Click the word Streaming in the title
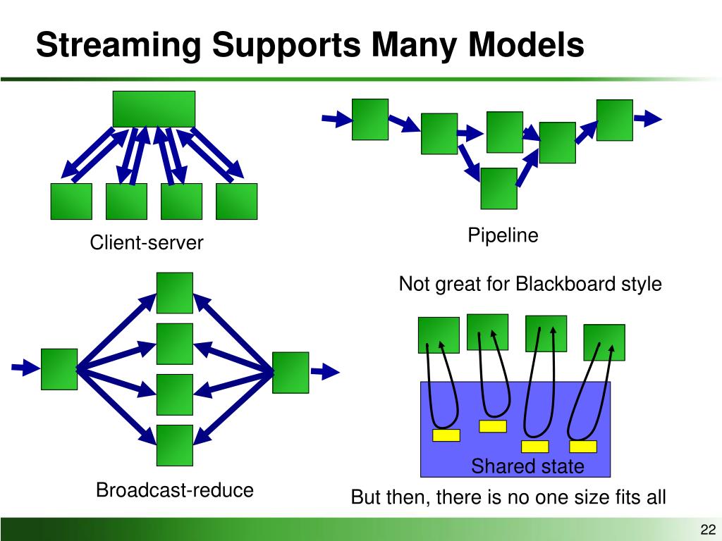118,46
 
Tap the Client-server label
147,242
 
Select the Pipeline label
503,235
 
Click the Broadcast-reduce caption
175,490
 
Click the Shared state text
527,466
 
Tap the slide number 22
708,529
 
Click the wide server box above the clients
154,109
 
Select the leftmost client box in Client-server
71,201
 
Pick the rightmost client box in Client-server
237,201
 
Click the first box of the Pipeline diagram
370,119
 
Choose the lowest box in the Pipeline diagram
498,189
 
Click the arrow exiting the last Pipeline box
648,118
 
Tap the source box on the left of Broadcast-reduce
59,369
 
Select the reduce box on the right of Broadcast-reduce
290,373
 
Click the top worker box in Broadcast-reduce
175,293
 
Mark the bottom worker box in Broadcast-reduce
175,445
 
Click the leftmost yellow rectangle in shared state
446,435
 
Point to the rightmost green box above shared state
604,342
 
